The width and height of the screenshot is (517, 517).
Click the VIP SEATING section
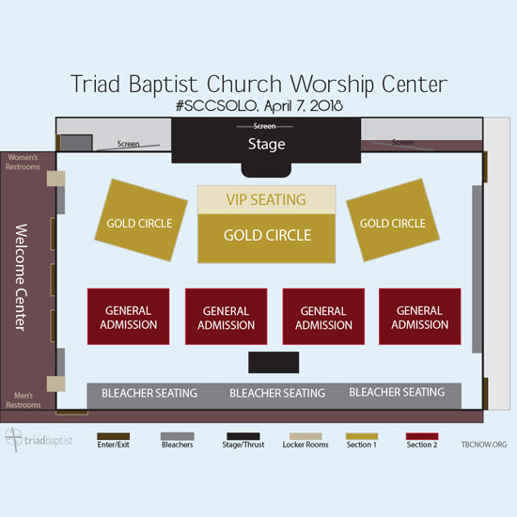266,200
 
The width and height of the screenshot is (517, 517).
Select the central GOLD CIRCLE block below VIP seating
266,239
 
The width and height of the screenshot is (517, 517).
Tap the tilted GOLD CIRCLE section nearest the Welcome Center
141,220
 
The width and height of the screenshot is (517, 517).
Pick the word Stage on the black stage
266,144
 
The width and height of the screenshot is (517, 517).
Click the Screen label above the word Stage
264,126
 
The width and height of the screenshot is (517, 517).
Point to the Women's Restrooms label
23,162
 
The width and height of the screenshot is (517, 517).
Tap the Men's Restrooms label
23,399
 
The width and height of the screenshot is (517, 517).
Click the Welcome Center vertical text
21,277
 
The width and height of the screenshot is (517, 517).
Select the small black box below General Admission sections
274,362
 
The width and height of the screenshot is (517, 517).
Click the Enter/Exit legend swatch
114,436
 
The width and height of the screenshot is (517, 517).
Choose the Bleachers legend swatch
178,436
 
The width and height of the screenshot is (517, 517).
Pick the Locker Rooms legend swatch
305,436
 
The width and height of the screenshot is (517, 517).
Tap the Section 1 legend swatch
362,436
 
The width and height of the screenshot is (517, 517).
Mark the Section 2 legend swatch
422,436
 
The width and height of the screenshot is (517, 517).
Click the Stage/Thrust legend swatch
243,436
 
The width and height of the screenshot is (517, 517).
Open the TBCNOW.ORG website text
484,445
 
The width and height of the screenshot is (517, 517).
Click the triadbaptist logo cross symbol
14,440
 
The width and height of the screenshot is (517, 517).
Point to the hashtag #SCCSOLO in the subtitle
216,106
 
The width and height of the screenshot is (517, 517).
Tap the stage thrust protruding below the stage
266,170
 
